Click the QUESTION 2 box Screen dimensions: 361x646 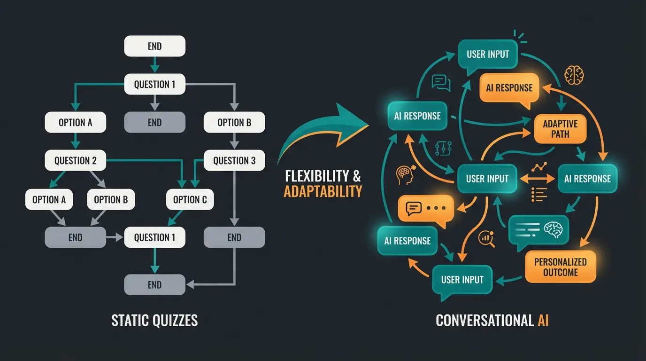(x=75, y=161)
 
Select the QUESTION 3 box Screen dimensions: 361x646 (x=234, y=161)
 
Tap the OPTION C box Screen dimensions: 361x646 (x=190, y=200)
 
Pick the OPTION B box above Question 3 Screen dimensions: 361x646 (x=234, y=123)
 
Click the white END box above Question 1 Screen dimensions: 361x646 (x=154, y=46)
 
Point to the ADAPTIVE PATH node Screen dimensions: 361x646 (x=560, y=129)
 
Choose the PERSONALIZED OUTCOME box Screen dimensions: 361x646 (x=560, y=267)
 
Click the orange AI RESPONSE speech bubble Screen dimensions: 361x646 (x=509, y=88)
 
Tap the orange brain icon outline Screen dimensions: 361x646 (x=574, y=74)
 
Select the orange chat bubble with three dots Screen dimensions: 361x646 (x=425, y=208)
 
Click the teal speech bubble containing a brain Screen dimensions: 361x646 (x=538, y=230)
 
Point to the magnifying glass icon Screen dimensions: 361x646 (x=486, y=239)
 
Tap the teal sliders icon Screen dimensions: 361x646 (x=443, y=148)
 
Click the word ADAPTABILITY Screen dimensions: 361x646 (x=323, y=191)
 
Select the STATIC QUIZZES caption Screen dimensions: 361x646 (x=154, y=321)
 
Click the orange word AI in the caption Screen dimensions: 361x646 (x=542, y=321)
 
